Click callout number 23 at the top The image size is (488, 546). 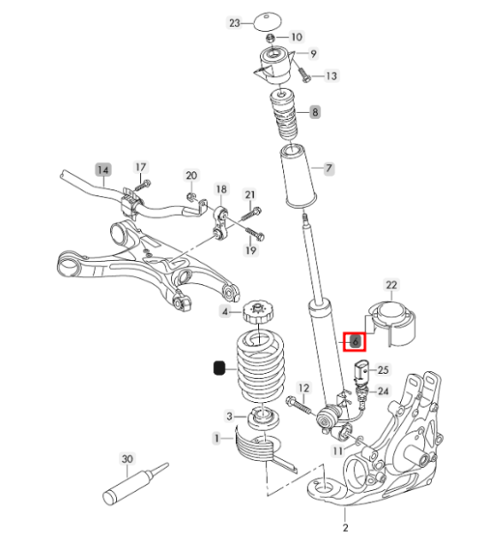[x=234, y=22]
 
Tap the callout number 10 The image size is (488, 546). [x=296, y=37]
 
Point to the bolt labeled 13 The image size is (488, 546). [x=305, y=77]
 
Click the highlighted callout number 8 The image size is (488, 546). [x=314, y=112]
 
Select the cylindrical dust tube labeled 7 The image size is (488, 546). [x=297, y=178]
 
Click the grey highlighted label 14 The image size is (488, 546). [x=104, y=168]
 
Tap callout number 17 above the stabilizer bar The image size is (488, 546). [x=140, y=167]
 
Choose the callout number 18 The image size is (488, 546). [x=221, y=190]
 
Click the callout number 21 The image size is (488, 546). [x=250, y=194]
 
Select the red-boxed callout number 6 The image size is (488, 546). [x=353, y=340]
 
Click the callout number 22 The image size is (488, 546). [x=391, y=285]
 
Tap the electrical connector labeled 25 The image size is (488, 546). [x=360, y=370]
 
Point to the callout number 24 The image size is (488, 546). [x=383, y=391]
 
